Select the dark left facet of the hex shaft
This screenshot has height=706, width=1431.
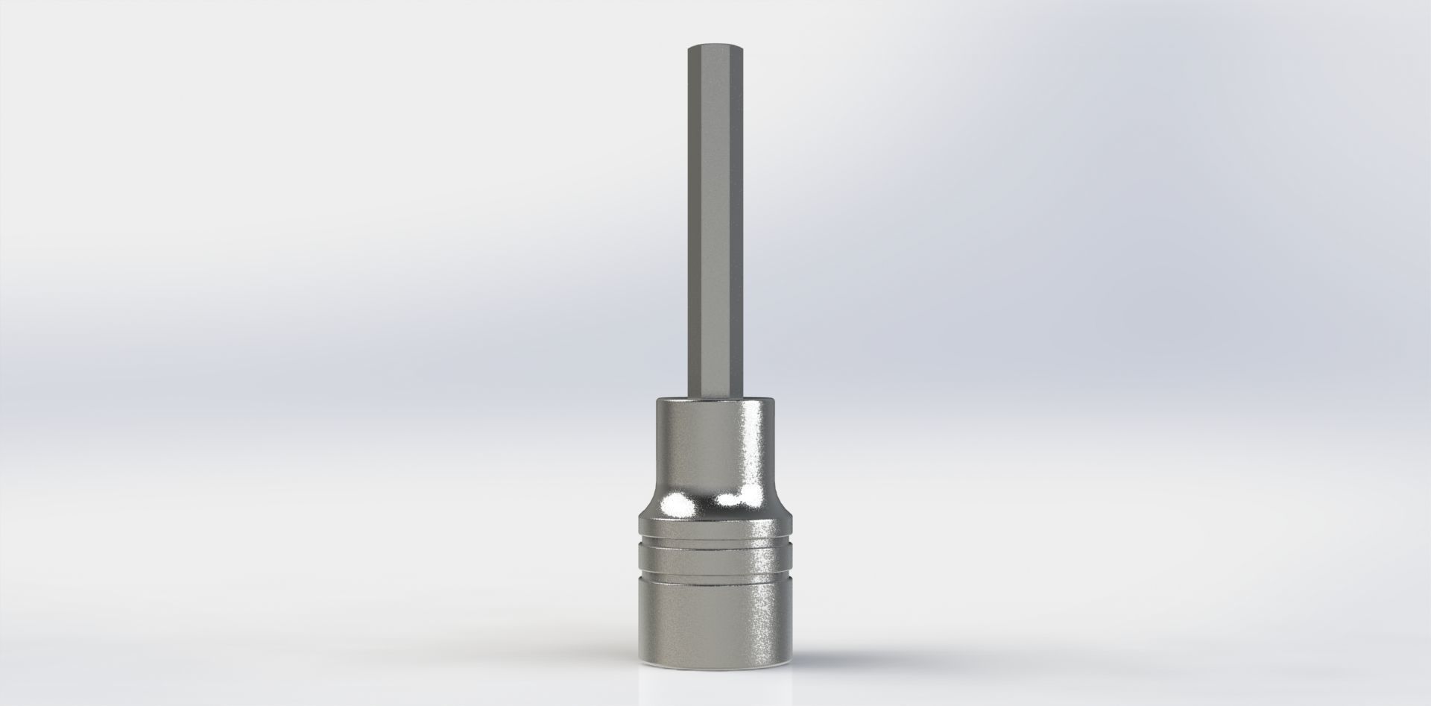click(x=693, y=224)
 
